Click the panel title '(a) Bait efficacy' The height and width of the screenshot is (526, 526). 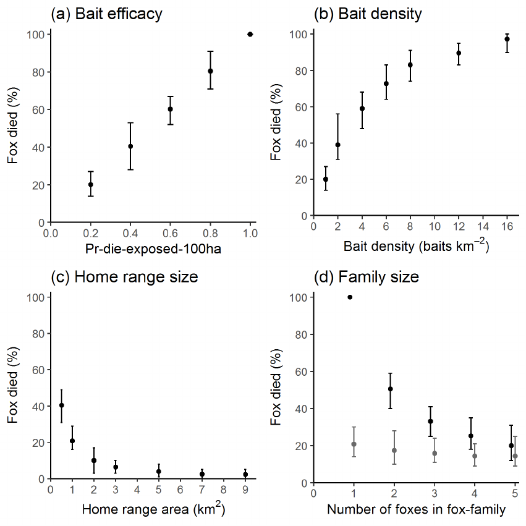pos(106,14)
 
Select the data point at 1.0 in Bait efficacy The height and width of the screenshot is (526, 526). pos(250,35)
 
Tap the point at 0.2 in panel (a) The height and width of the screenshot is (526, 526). pos(90,184)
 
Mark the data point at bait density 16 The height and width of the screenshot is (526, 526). pos(507,39)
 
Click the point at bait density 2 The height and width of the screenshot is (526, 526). pos(337,145)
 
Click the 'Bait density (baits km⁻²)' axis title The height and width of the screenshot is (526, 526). pos(416,247)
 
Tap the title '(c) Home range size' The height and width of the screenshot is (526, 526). pos(124,276)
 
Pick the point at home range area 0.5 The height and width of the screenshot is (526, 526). pos(61,405)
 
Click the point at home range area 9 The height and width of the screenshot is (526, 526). pos(245,474)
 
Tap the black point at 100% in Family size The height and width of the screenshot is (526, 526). pos(350,297)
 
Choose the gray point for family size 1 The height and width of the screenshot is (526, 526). pos(354,444)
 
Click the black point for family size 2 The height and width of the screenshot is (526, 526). pos(390,389)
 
